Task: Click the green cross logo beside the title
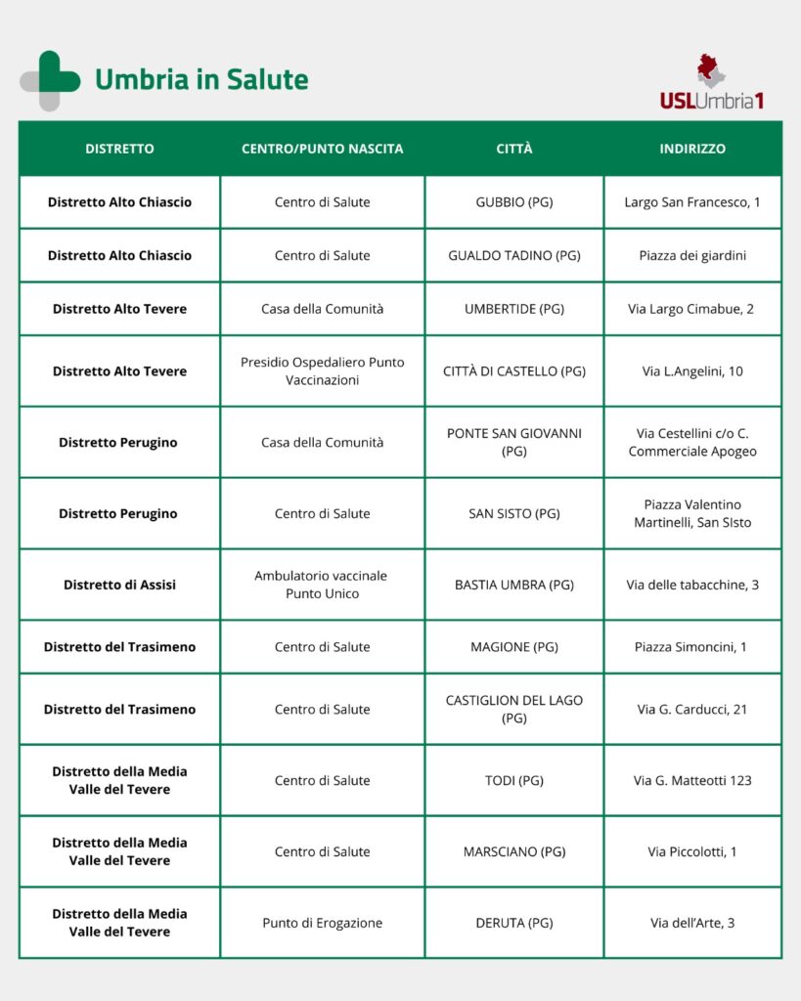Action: (x=50, y=80)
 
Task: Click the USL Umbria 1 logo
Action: (x=711, y=82)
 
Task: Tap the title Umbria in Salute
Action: (x=201, y=79)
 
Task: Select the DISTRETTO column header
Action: (x=119, y=149)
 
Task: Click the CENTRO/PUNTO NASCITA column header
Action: (x=322, y=149)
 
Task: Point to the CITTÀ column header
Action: (x=513, y=149)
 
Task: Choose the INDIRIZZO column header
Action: (x=692, y=149)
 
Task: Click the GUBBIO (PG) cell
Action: (x=513, y=202)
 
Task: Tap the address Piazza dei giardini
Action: (x=692, y=255)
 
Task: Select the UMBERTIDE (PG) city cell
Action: (x=513, y=309)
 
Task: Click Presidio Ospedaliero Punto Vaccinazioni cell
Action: (x=322, y=370)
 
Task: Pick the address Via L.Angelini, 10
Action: (x=692, y=370)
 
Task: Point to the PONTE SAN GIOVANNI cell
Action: (x=513, y=442)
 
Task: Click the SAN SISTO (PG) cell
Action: (x=513, y=513)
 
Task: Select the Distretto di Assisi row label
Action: (x=119, y=585)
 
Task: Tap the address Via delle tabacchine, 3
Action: (x=692, y=585)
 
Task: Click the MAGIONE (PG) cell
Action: (x=513, y=646)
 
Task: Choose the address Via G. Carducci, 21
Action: (x=692, y=709)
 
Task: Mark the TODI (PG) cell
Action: (x=513, y=780)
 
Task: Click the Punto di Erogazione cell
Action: (x=322, y=923)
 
